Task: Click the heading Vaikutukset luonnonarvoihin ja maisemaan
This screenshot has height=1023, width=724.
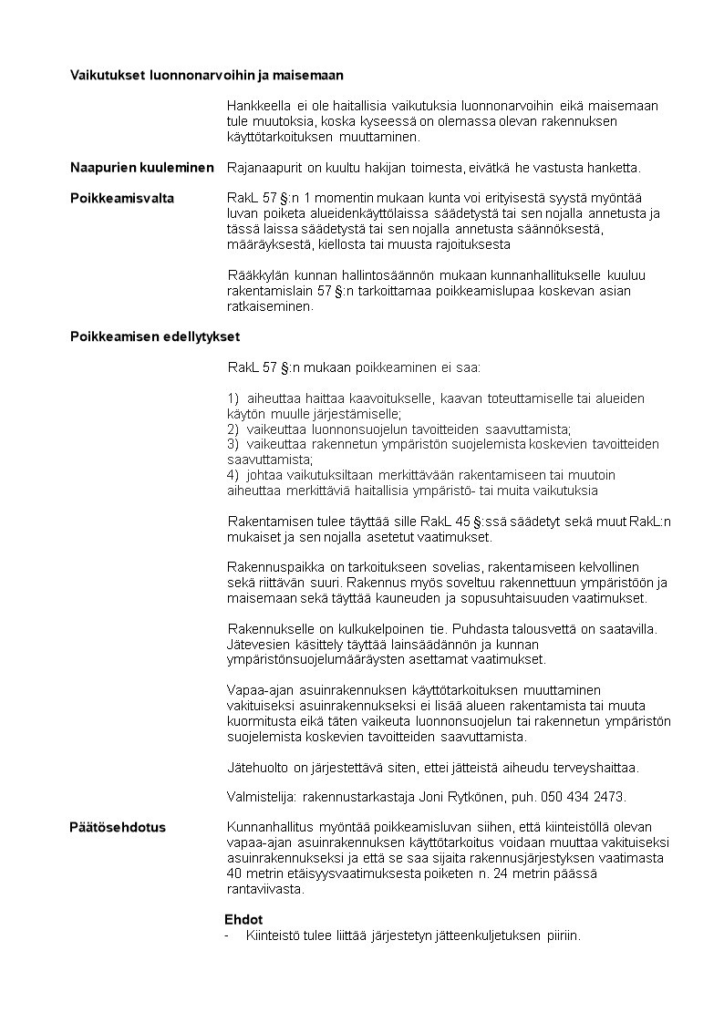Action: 207,74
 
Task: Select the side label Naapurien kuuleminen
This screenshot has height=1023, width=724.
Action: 141,167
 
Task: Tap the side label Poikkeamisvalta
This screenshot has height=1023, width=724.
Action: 122,198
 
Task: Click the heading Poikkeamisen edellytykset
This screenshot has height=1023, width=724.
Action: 155,336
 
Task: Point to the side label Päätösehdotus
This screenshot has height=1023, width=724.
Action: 118,828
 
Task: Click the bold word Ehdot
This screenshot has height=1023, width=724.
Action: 243,920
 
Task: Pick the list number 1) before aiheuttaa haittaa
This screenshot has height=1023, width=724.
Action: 233,398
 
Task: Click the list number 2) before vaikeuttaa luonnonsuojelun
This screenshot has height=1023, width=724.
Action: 233,429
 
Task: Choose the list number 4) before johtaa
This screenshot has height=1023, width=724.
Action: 233,475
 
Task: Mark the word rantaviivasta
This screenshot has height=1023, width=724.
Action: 264,890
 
